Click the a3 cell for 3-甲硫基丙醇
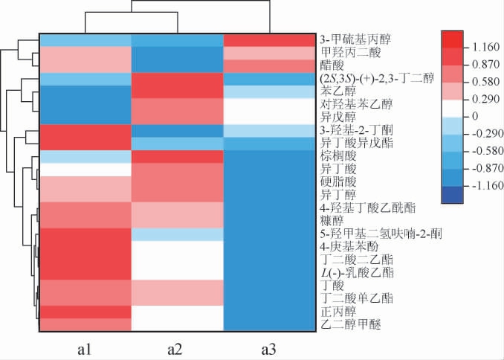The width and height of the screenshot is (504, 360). [x=268, y=39]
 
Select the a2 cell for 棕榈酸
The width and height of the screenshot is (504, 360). [x=176, y=156]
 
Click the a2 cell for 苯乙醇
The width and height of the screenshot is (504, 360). [x=176, y=91]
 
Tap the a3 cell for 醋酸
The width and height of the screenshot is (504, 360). [x=268, y=66]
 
